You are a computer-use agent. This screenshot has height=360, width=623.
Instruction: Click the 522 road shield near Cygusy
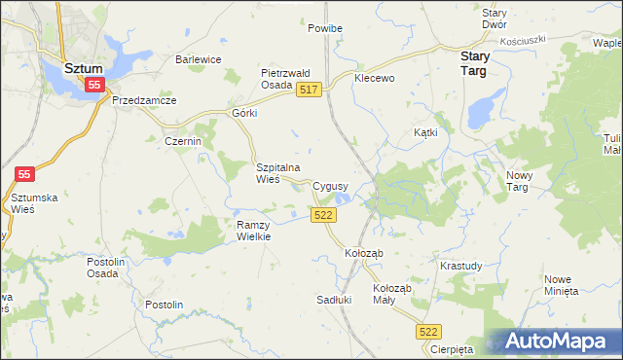[325, 215]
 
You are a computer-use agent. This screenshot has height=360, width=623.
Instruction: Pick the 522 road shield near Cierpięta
[428, 332]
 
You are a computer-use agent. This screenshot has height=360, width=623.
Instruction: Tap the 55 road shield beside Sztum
[93, 86]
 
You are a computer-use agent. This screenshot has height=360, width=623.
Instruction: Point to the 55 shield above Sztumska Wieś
[25, 174]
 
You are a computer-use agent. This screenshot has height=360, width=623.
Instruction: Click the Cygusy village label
[331, 185]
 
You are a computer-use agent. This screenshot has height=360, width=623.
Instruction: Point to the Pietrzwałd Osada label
[284, 79]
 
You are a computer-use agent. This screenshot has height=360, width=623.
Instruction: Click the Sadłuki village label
[334, 300]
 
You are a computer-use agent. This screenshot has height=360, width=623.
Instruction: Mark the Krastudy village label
[460, 266]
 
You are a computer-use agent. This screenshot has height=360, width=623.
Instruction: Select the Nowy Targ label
[523, 180]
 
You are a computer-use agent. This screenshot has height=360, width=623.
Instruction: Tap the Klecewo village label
[375, 77]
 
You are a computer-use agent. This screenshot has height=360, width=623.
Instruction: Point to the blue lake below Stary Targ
[479, 112]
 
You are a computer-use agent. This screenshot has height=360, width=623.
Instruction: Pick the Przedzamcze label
[144, 100]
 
